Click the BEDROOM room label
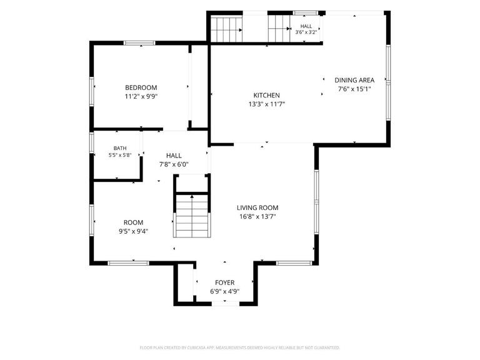141,87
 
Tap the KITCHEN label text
267,95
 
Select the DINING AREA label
354,80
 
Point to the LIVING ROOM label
257,208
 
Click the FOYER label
225,282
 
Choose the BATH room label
120,148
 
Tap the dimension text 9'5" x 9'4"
134,231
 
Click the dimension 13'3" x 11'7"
267,104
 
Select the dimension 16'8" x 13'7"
257,217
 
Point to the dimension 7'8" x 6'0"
174,165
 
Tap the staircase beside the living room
192,216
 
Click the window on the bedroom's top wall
139,43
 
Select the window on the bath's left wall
91,142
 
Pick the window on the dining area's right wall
388,82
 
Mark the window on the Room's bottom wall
129,263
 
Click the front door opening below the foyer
226,304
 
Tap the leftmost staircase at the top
226,30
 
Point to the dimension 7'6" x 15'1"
354,89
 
